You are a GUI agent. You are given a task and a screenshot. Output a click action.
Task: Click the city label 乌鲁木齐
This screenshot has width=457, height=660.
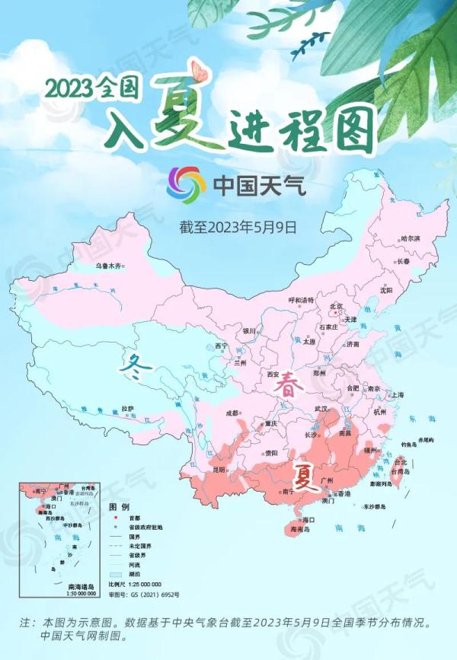pyautogui.click(x=108, y=266)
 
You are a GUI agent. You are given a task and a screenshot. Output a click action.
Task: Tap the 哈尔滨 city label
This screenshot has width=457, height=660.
pyautogui.click(x=410, y=238)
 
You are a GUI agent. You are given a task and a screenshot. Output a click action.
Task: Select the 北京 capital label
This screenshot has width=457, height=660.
pyautogui.click(x=336, y=306)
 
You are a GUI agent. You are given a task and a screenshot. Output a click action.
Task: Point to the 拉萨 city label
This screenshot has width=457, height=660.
pyautogui.click(x=127, y=409)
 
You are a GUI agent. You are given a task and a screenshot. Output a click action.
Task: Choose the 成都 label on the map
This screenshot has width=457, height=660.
pyautogui.click(x=232, y=413)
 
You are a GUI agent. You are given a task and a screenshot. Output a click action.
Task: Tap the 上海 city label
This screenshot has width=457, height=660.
pyautogui.click(x=397, y=395)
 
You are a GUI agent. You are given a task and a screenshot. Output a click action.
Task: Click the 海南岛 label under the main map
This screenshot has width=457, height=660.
pyautogui.click(x=302, y=528)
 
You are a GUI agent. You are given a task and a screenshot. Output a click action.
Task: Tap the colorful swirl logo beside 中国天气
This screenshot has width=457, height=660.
pyautogui.click(x=187, y=184)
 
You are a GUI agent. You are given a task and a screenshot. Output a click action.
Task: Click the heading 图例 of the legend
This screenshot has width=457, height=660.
pyautogui.click(x=119, y=506)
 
